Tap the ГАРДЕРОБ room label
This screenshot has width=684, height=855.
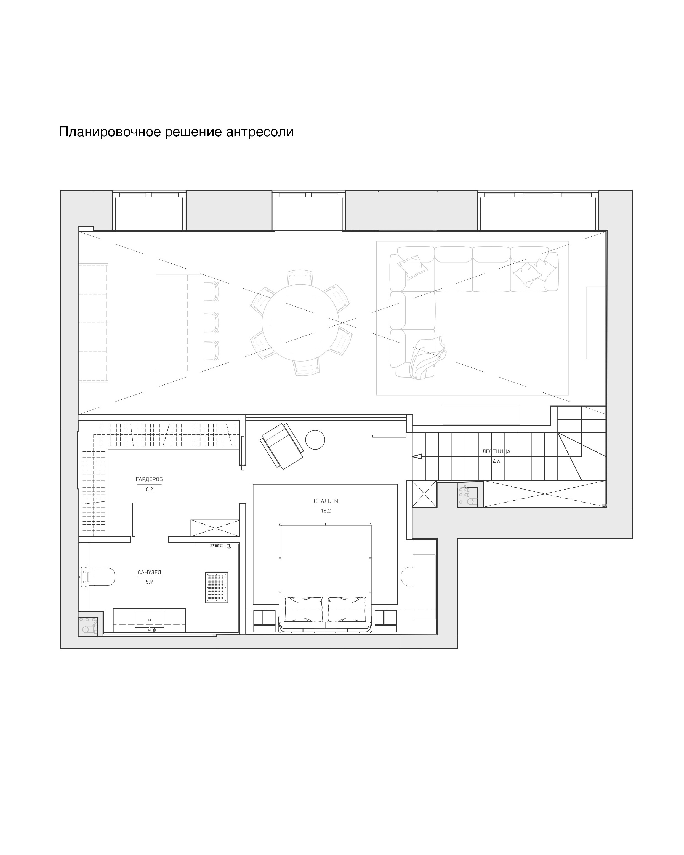(x=149, y=479)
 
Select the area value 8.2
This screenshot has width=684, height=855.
(x=149, y=489)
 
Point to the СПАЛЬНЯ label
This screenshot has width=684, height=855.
(x=326, y=501)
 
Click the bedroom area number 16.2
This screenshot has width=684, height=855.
(x=326, y=511)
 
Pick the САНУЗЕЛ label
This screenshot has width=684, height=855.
(x=149, y=572)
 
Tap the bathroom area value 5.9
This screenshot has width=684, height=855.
(x=149, y=582)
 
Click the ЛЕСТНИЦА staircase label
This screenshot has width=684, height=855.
(x=496, y=451)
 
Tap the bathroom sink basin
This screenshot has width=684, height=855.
(x=149, y=619)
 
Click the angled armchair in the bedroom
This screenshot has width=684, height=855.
(x=282, y=446)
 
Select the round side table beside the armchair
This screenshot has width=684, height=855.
(x=315, y=440)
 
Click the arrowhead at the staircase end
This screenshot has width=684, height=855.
(x=417, y=457)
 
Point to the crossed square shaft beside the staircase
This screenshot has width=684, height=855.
(x=425, y=494)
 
